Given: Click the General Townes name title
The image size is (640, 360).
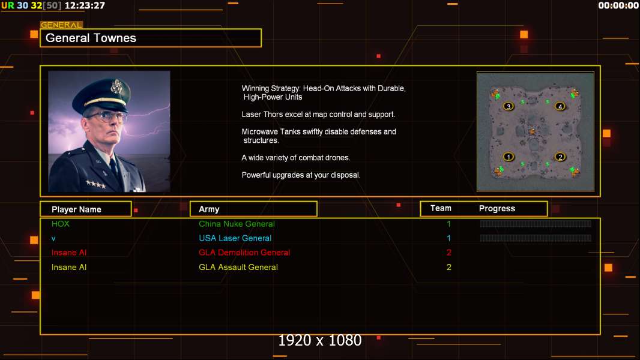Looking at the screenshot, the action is [x=91, y=38].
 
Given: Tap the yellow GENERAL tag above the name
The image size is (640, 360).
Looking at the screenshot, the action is [x=62, y=25].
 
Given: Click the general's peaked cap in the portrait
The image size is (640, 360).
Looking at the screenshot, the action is [x=101, y=94].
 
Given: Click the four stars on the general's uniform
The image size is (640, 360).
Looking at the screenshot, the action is [x=95, y=184].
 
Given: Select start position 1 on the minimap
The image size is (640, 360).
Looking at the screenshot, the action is [x=508, y=157].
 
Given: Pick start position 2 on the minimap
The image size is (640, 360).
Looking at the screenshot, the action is [x=560, y=157].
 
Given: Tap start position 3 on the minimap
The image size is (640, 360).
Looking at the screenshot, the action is [x=508, y=106].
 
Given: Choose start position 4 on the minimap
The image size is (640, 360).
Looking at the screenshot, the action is [x=560, y=106].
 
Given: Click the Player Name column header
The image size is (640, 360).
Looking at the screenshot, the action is [x=76, y=209].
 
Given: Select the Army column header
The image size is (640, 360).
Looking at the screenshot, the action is [x=209, y=209].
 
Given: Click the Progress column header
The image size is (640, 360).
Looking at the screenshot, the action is [x=497, y=208].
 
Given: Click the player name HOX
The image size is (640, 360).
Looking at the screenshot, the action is [x=61, y=224].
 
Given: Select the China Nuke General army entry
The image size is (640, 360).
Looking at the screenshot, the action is [x=237, y=224].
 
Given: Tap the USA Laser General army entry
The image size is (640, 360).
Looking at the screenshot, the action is [x=235, y=238].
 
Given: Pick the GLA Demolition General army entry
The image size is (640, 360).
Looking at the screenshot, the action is [x=244, y=253].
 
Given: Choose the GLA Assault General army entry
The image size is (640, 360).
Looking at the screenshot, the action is [x=238, y=267].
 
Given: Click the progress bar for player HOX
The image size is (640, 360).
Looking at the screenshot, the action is [x=536, y=223].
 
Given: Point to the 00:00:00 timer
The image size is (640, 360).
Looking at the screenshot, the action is [x=618, y=5].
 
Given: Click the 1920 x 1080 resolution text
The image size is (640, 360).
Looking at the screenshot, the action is [x=320, y=340].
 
